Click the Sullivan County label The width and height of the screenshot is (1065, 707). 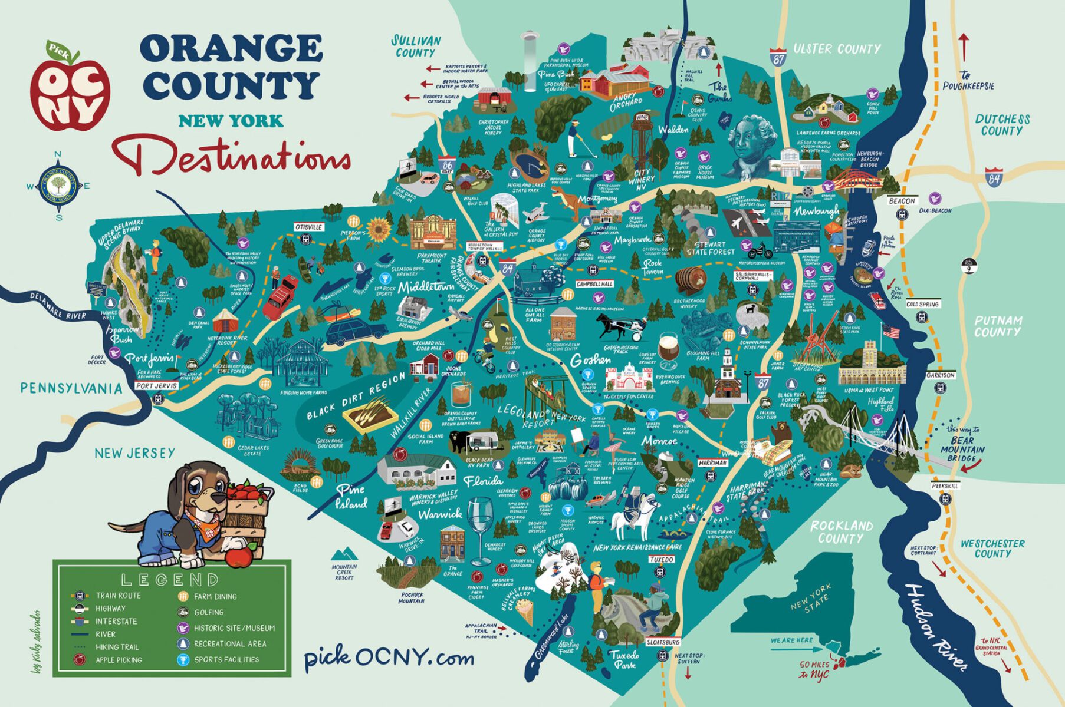coord(416,47)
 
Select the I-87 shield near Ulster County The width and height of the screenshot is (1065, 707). coord(778,58)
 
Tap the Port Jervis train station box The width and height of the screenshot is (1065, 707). coord(156,386)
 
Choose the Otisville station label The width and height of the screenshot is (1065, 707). coord(308,227)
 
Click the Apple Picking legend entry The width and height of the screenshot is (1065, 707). coord(119,660)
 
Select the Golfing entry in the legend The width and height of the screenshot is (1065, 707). coord(208,612)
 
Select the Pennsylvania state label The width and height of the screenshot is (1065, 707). coord(71,388)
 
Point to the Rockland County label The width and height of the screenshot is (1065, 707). coord(841,531)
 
